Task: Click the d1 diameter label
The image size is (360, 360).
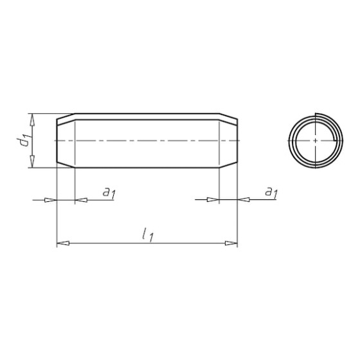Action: pyautogui.click(x=24, y=141)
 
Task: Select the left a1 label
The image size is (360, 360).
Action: pyautogui.click(x=109, y=192)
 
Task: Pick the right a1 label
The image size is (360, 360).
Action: pyautogui.click(x=271, y=192)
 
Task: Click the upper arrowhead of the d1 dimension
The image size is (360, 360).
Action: pyautogui.click(x=32, y=120)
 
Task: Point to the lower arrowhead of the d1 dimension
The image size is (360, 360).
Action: pyautogui.click(x=32, y=161)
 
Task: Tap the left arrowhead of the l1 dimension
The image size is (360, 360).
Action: pyautogui.click(x=63, y=243)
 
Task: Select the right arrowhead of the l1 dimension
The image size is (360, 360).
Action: pyautogui.click(x=231, y=243)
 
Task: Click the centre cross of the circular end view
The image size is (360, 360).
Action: pyautogui.click(x=316, y=141)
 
